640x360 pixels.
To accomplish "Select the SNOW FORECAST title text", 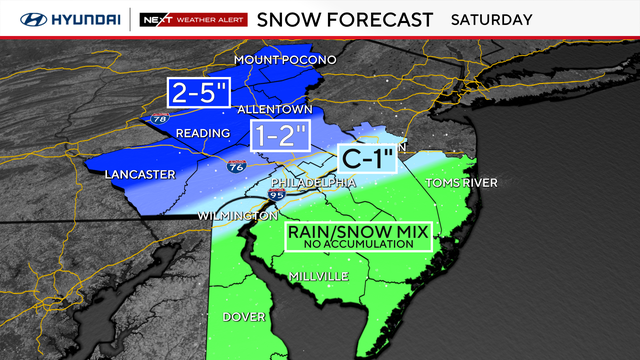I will click(345, 19).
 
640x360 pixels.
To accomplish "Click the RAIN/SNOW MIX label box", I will click(357, 236).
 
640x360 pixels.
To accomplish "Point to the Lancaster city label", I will click(139, 175).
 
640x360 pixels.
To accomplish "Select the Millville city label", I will click(318, 275).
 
